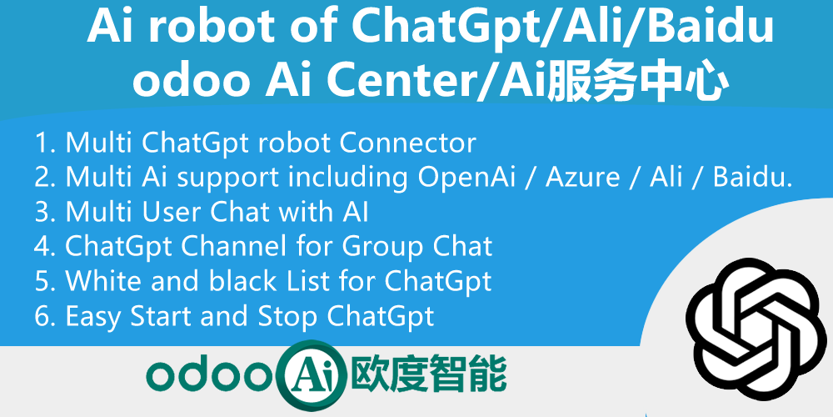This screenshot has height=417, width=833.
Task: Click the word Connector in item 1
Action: (x=407, y=143)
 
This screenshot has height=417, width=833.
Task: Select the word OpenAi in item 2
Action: (x=473, y=178)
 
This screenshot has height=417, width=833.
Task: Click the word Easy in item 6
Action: (x=93, y=317)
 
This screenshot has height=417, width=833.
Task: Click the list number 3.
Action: (x=42, y=213)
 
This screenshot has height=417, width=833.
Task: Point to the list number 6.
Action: (x=42, y=317)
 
